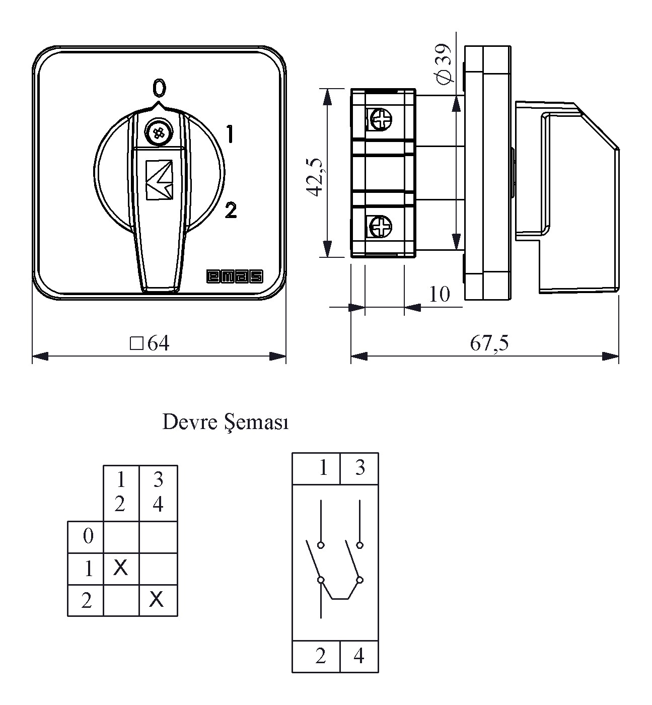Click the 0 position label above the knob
click(159, 88)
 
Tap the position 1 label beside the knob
click(230, 135)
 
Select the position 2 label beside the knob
click(231, 210)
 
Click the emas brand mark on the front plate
click(235, 276)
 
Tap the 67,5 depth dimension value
click(489, 343)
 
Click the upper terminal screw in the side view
click(380, 119)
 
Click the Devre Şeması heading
click(226, 422)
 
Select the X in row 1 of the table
click(121, 568)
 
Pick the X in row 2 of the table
click(157, 599)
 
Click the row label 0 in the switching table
click(88, 536)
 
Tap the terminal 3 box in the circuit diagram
click(359, 468)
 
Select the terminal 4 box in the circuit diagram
click(359, 656)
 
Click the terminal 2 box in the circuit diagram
click(321, 656)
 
